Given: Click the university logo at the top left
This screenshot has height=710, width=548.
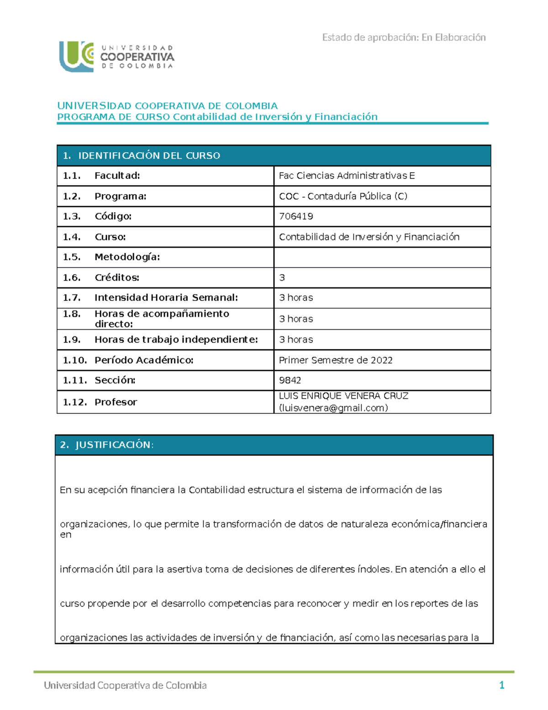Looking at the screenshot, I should point(116,57).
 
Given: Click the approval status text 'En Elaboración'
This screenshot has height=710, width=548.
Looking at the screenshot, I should point(453,37).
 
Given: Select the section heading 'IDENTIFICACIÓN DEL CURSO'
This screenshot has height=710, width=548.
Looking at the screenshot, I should point(149,156).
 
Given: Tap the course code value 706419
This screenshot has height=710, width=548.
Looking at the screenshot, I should point(296,216).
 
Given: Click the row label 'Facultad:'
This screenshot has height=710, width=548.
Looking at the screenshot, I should point(117,176).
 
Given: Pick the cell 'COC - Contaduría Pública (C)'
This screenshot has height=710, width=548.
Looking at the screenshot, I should point(343,196).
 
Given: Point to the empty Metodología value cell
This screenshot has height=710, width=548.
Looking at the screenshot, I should point(382,257).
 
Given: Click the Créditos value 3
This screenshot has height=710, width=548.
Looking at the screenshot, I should point(282,278).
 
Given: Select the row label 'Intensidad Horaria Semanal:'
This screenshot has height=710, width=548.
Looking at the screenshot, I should point(166,298).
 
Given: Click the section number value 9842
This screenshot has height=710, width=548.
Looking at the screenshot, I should point(290,380).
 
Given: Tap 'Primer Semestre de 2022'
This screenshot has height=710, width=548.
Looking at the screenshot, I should point(336,360).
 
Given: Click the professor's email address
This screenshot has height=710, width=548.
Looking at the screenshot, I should point(333,408).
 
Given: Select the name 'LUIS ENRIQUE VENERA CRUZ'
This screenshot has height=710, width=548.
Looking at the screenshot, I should point(343,396).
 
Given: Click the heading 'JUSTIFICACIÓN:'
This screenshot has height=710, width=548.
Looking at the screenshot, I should point(114,445).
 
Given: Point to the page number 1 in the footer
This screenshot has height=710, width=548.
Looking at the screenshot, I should point(501,685).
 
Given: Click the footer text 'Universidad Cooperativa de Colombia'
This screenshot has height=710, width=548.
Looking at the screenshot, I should point(125,685).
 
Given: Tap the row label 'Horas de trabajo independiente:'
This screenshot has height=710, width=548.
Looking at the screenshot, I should point(176,339).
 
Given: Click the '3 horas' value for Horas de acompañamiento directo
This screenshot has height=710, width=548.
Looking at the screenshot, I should point(296,319).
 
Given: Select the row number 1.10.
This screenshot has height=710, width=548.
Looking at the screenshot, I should point(74,360).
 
